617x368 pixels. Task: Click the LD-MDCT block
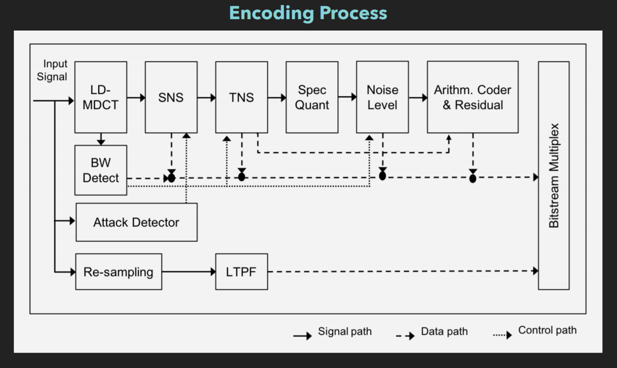[x=100, y=97]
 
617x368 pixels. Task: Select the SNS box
[x=171, y=97]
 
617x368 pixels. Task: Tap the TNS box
[x=241, y=97]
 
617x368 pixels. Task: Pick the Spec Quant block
[x=312, y=97]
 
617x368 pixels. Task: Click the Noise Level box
[x=382, y=97]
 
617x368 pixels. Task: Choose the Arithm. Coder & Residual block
[x=472, y=97]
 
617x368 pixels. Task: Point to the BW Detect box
[x=100, y=170]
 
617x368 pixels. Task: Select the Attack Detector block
[x=136, y=222]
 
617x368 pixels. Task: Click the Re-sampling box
[x=118, y=272]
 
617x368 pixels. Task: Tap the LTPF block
[x=241, y=272]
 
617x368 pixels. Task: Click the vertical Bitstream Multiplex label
[x=554, y=176]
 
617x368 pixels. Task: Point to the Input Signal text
[x=52, y=70]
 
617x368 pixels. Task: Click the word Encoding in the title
[x=271, y=13]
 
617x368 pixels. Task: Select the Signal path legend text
[x=344, y=331]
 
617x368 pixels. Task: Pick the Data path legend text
[x=444, y=331]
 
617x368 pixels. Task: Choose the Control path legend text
[x=547, y=330]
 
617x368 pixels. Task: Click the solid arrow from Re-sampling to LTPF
[x=188, y=272]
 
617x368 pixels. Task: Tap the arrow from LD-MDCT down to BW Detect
[x=101, y=139]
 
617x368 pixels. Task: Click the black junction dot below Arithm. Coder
[x=473, y=179]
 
